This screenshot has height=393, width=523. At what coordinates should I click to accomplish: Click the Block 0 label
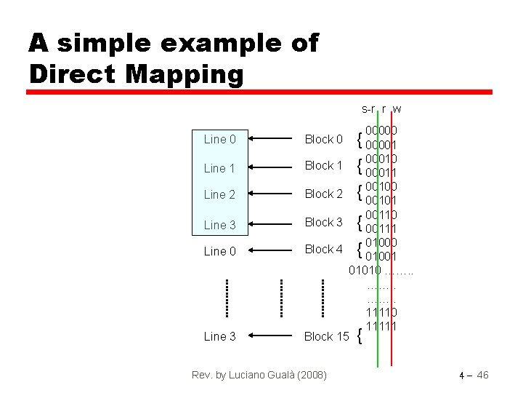[323, 139]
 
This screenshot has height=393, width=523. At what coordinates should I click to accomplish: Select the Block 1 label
[323, 165]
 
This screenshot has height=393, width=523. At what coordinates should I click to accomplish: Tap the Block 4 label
[323, 249]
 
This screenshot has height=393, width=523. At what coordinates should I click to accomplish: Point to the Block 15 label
[326, 336]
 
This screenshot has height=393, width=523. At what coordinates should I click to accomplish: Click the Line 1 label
[219, 168]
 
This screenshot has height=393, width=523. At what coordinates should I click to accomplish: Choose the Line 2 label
[219, 194]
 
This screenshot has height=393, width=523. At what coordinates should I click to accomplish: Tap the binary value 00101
[381, 200]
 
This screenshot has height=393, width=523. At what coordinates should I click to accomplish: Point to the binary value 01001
[381, 256]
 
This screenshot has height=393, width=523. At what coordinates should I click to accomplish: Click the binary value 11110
[381, 312]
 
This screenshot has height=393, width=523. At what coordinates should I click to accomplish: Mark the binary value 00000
[381, 130]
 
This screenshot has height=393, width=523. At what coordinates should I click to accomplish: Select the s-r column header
[368, 109]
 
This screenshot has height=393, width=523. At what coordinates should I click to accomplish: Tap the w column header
[397, 109]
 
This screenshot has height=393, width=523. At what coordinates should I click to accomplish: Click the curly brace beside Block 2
[360, 194]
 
